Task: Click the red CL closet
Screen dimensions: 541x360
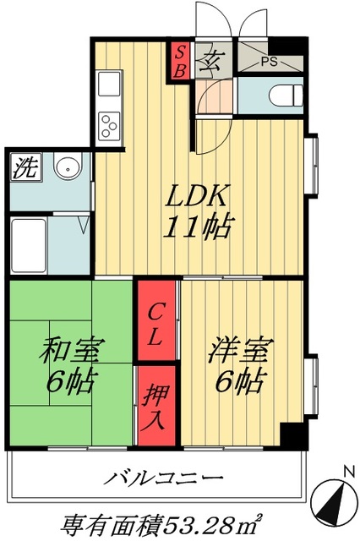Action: pos(157,325)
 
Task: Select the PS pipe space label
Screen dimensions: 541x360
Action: pos(269,62)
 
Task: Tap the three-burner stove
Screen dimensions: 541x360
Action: pos(110,124)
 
